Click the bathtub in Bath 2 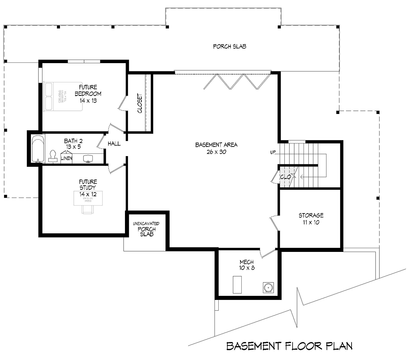38,149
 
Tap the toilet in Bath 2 53,155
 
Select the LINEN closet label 66,158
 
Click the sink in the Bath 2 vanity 88,158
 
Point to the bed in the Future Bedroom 63,97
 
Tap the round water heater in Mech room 268,287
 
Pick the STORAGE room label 311,216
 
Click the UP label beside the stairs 273,152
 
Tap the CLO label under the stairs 285,177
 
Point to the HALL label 114,143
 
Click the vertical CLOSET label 140,103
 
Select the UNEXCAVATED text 146,224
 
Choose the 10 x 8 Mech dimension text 247,268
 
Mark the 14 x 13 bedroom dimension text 88,100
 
